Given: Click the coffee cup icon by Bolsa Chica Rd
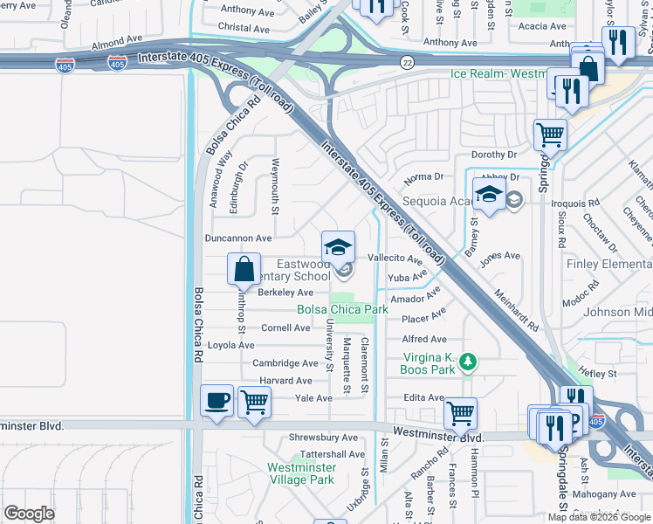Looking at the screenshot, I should pos(217,402).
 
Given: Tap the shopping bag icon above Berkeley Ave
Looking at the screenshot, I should pos(244,268).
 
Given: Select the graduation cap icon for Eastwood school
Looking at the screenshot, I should pos(338,247).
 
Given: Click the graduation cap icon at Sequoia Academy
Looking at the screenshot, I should pos(489,195).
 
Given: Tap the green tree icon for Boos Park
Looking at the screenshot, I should pos(468,361).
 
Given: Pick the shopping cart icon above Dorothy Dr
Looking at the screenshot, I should pos(551,134).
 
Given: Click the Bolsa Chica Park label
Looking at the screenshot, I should pos(342,309).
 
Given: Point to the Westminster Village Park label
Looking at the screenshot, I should pos(300,473).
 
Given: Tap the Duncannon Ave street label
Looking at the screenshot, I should pos(238,238).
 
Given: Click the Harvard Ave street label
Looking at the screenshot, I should pos(285,381).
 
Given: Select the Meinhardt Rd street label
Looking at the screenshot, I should pos(516,311).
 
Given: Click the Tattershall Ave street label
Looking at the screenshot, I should pos(332,454).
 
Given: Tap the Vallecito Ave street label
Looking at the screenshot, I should pos(395,259).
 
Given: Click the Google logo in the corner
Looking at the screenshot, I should pos(29,514).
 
